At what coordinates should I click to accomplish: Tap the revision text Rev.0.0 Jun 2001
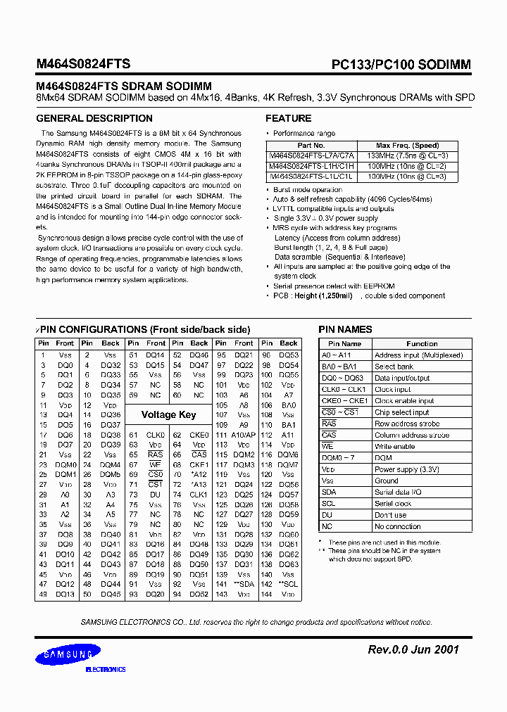pyautogui.click(x=413, y=649)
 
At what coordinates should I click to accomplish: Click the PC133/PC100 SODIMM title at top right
pyautogui.click(x=401, y=64)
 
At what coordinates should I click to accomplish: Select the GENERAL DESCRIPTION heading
pyautogui.click(x=94, y=118)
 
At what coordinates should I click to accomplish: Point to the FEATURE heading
pyautogui.click(x=288, y=118)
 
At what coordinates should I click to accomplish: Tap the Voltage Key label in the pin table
pyautogui.click(x=168, y=414)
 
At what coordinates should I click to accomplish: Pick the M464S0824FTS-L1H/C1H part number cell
pyautogui.click(x=311, y=166)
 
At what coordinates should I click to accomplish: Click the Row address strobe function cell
pyautogui.click(x=407, y=424)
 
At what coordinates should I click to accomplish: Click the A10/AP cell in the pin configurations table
pyautogui.click(x=244, y=436)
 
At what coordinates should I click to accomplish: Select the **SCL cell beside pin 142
pyautogui.click(x=289, y=584)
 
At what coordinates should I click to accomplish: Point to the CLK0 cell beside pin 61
pyautogui.click(x=155, y=436)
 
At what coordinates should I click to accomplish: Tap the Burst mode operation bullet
pyautogui.click(x=308, y=190)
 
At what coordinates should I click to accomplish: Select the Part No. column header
pyautogui.click(x=311, y=146)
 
